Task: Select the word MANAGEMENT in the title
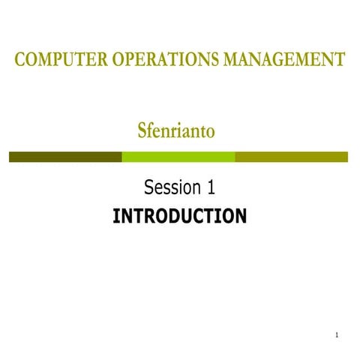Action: pyautogui.click(x=284, y=60)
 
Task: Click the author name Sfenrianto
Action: pyautogui.click(x=177, y=130)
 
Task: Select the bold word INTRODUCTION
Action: pyautogui.click(x=179, y=217)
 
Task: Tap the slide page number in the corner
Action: pyautogui.click(x=338, y=334)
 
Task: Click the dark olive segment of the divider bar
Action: pyautogui.click(x=65, y=157)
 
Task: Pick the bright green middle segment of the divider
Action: pyautogui.click(x=178, y=157)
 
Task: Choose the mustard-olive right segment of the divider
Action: pyautogui.click(x=292, y=157)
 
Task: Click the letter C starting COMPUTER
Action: pyautogui.click(x=20, y=60)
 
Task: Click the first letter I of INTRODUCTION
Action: pyautogui.click(x=115, y=217)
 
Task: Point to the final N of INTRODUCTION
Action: pyautogui.click(x=239, y=217)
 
